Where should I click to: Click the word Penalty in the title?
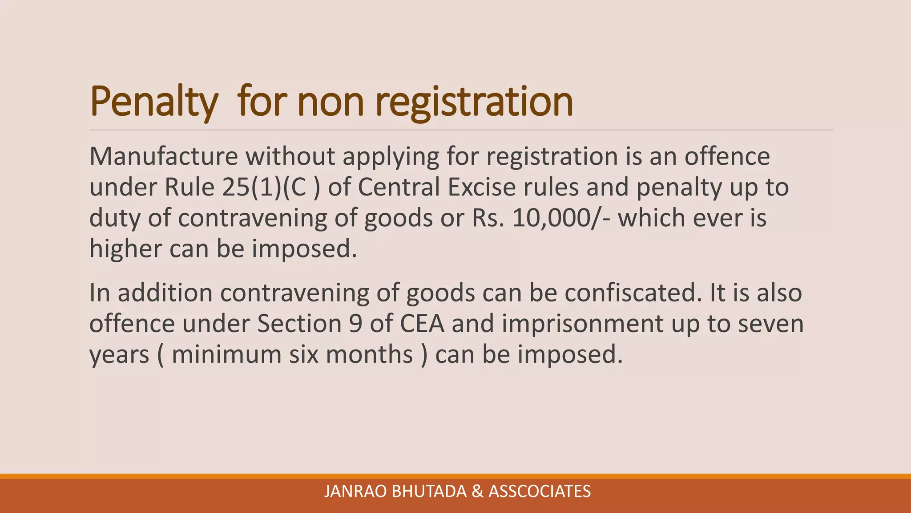click(x=153, y=102)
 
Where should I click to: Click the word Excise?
click(x=482, y=187)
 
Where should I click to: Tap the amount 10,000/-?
click(x=561, y=218)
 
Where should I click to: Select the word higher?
click(x=125, y=248)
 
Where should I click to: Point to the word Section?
click(x=299, y=323)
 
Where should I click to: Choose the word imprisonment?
click(x=582, y=324)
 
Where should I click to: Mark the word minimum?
click(x=226, y=354)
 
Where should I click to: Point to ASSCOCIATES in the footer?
click(x=540, y=491)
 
